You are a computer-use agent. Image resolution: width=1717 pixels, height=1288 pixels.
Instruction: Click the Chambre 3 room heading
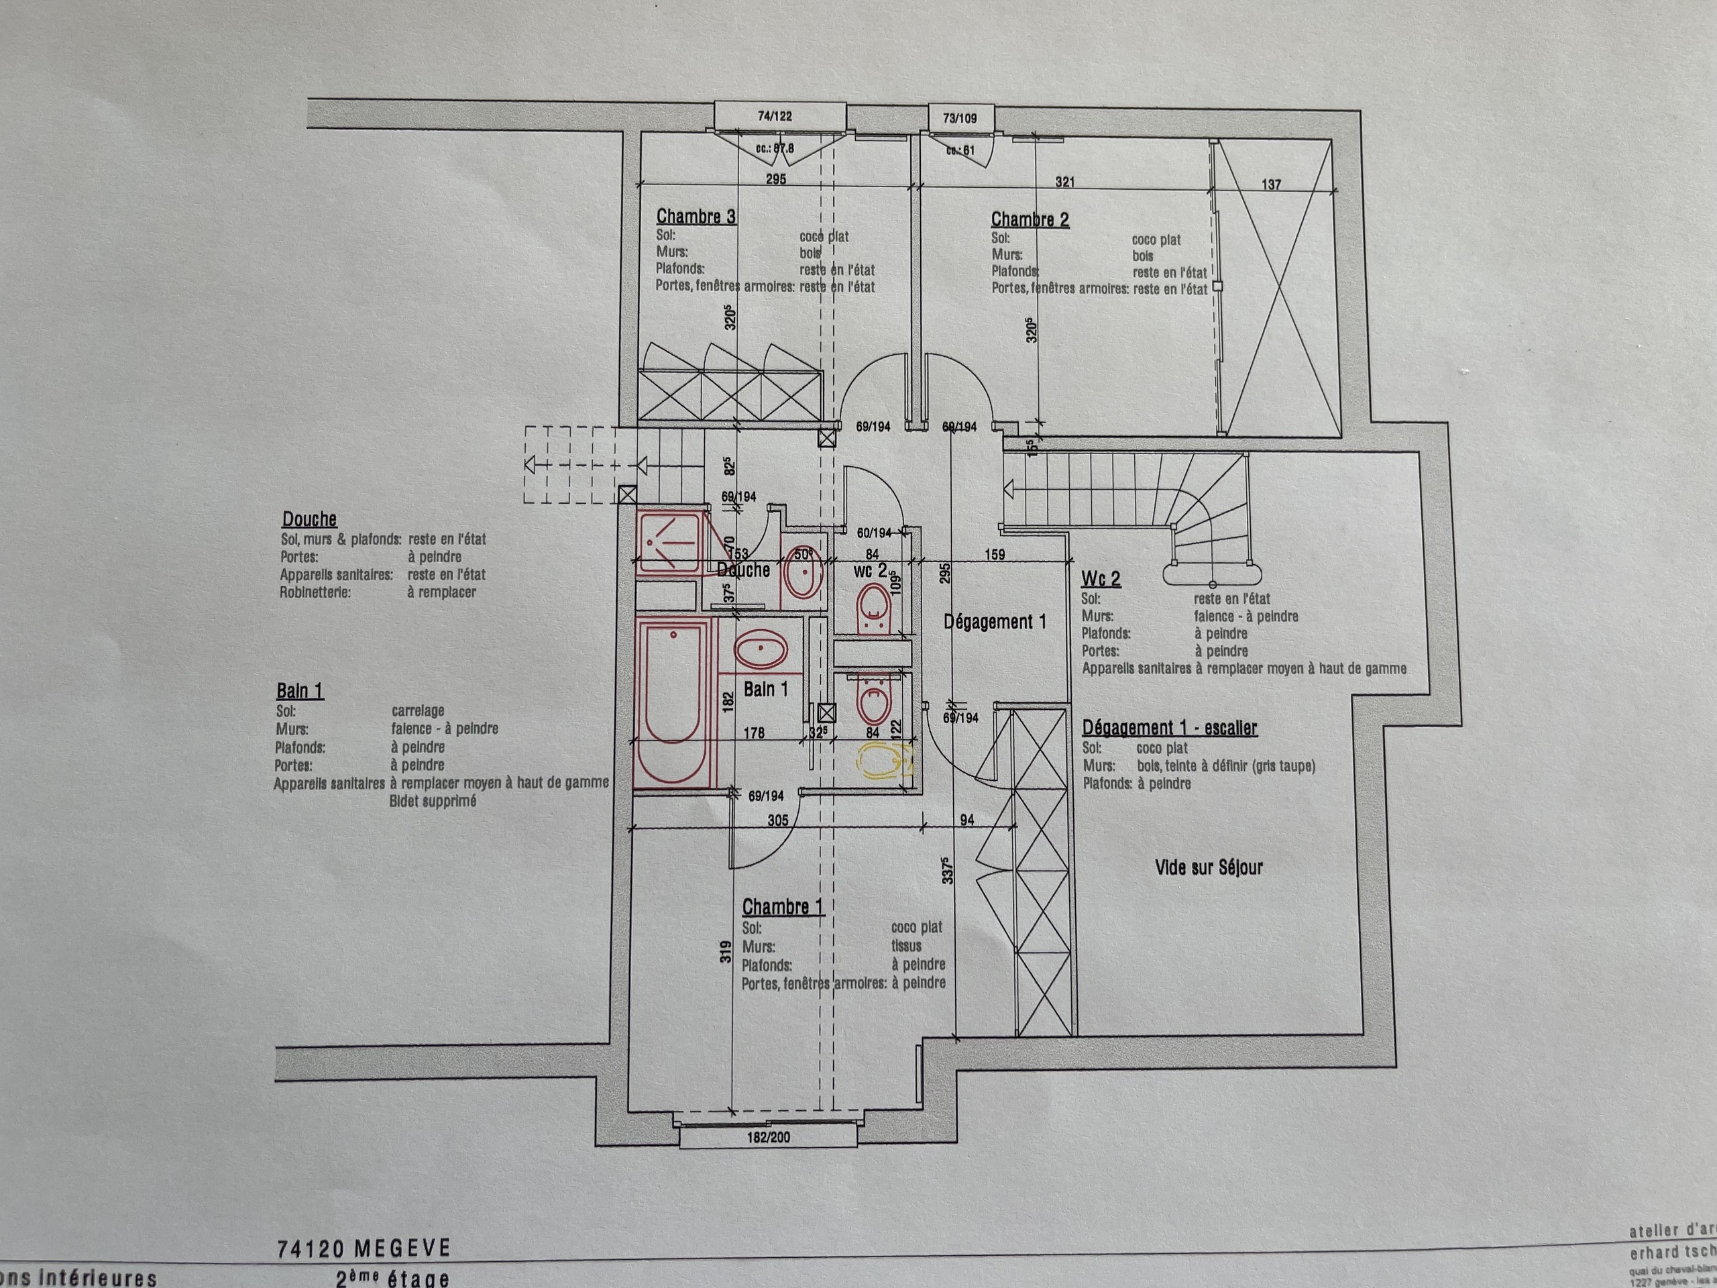pos(696,217)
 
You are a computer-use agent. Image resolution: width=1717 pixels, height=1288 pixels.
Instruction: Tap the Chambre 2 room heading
pos(1030,220)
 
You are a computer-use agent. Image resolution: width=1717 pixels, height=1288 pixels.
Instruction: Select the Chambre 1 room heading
pos(781,907)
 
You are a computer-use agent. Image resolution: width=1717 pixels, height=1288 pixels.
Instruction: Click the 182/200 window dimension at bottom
pos(769,1137)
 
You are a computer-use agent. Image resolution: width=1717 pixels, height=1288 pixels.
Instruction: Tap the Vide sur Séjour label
pos(1209,867)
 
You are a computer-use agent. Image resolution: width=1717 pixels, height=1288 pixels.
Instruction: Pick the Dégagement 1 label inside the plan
pos(995,622)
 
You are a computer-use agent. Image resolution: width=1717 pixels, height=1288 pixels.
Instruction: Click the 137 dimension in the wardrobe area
pos(1271,184)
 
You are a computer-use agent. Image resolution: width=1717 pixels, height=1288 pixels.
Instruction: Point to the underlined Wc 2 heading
pos(1101,579)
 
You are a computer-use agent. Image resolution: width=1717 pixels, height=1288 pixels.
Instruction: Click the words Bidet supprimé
pos(433,801)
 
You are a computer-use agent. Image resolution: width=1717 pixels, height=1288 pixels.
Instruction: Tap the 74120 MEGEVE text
pos(364,1248)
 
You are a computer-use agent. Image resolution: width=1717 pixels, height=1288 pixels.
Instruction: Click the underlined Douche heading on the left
pos(309,519)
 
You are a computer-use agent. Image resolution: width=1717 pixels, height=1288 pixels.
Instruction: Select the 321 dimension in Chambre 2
pos(1064,182)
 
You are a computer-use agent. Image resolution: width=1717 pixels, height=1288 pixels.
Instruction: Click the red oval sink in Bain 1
pos(760,650)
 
